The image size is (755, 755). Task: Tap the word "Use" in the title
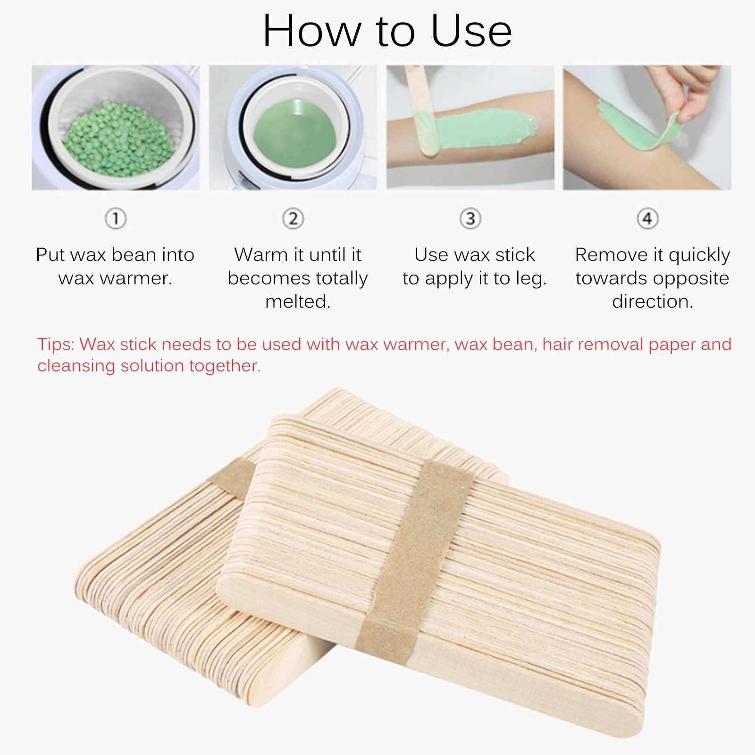pyautogui.click(x=471, y=31)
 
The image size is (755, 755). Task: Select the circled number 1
pyautogui.click(x=116, y=219)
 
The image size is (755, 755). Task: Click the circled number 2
pyautogui.click(x=293, y=219)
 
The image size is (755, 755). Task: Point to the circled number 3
pyautogui.click(x=470, y=219)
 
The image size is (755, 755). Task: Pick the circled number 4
pyautogui.click(x=647, y=219)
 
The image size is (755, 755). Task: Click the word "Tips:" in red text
pyautogui.click(x=56, y=344)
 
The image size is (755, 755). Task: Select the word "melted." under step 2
pyautogui.click(x=298, y=302)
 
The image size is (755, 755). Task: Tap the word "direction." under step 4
pyautogui.click(x=653, y=302)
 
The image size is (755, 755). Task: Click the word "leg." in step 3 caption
pyautogui.click(x=531, y=279)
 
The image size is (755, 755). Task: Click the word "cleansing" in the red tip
pyautogui.click(x=76, y=366)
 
